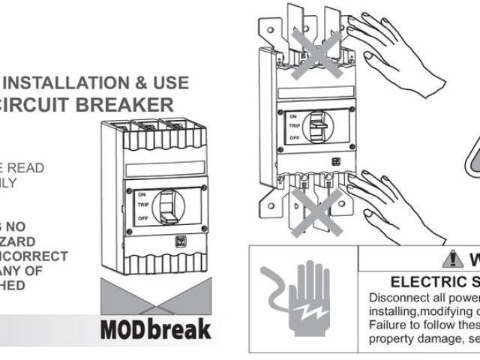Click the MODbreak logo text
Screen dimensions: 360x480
point(155,328)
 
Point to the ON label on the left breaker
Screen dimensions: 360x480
point(141,193)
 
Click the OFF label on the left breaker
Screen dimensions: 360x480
point(142,217)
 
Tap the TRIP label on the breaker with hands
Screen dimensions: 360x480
point(295,127)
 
